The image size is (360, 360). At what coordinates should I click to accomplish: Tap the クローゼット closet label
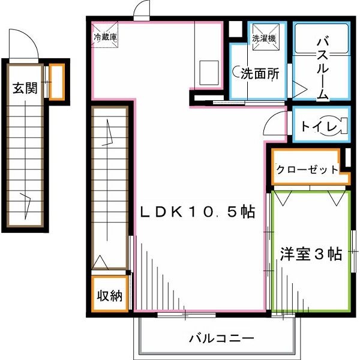[x=307, y=170]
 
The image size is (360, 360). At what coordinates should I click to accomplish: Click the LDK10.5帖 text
[x=198, y=211]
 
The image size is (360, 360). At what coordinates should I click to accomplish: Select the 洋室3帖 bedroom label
[x=310, y=254]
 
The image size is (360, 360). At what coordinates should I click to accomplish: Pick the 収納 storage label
[x=110, y=295]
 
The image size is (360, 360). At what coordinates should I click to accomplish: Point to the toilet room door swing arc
[x=274, y=123]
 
